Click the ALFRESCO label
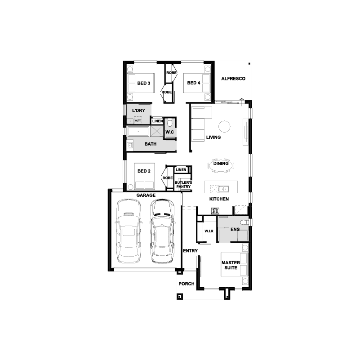(x=233, y=79)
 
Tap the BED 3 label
(x=144, y=83)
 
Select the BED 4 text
(x=194, y=83)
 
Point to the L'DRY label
(x=138, y=111)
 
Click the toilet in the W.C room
(x=170, y=123)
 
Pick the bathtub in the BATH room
(x=138, y=132)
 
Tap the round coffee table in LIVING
(x=224, y=126)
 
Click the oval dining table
(x=221, y=165)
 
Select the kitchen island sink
(x=223, y=189)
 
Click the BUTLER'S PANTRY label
(x=183, y=185)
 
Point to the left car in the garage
(x=129, y=231)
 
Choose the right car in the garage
(x=162, y=231)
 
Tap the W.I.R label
(x=209, y=231)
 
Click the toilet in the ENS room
(x=244, y=222)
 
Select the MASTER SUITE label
(x=231, y=265)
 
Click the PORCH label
(x=187, y=284)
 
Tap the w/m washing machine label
(x=138, y=120)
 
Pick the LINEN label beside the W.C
(x=157, y=121)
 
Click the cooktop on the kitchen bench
(x=215, y=210)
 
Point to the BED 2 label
(x=144, y=171)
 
